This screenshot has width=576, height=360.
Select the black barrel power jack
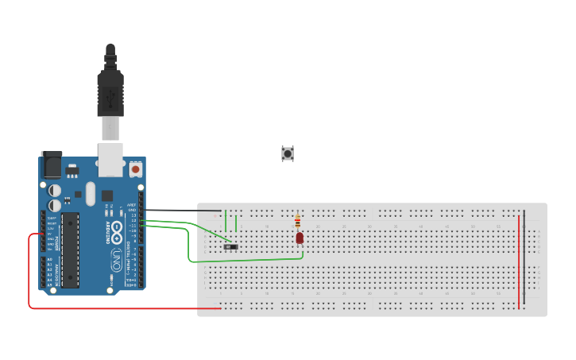(x=52, y=165)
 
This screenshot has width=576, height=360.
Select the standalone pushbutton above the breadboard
(x=288, y=153)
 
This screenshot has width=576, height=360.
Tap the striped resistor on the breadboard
(x=297, y=222)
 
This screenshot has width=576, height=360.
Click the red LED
(x=300, y=238)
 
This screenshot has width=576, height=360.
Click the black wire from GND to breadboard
(x=183, y=211)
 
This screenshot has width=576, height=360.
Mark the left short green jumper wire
(x=226, y=220)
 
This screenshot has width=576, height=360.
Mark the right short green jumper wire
(x=236, y=223)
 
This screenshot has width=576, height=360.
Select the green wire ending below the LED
(x=238, y=260)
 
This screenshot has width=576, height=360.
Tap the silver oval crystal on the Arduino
(x=90, y=193)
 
